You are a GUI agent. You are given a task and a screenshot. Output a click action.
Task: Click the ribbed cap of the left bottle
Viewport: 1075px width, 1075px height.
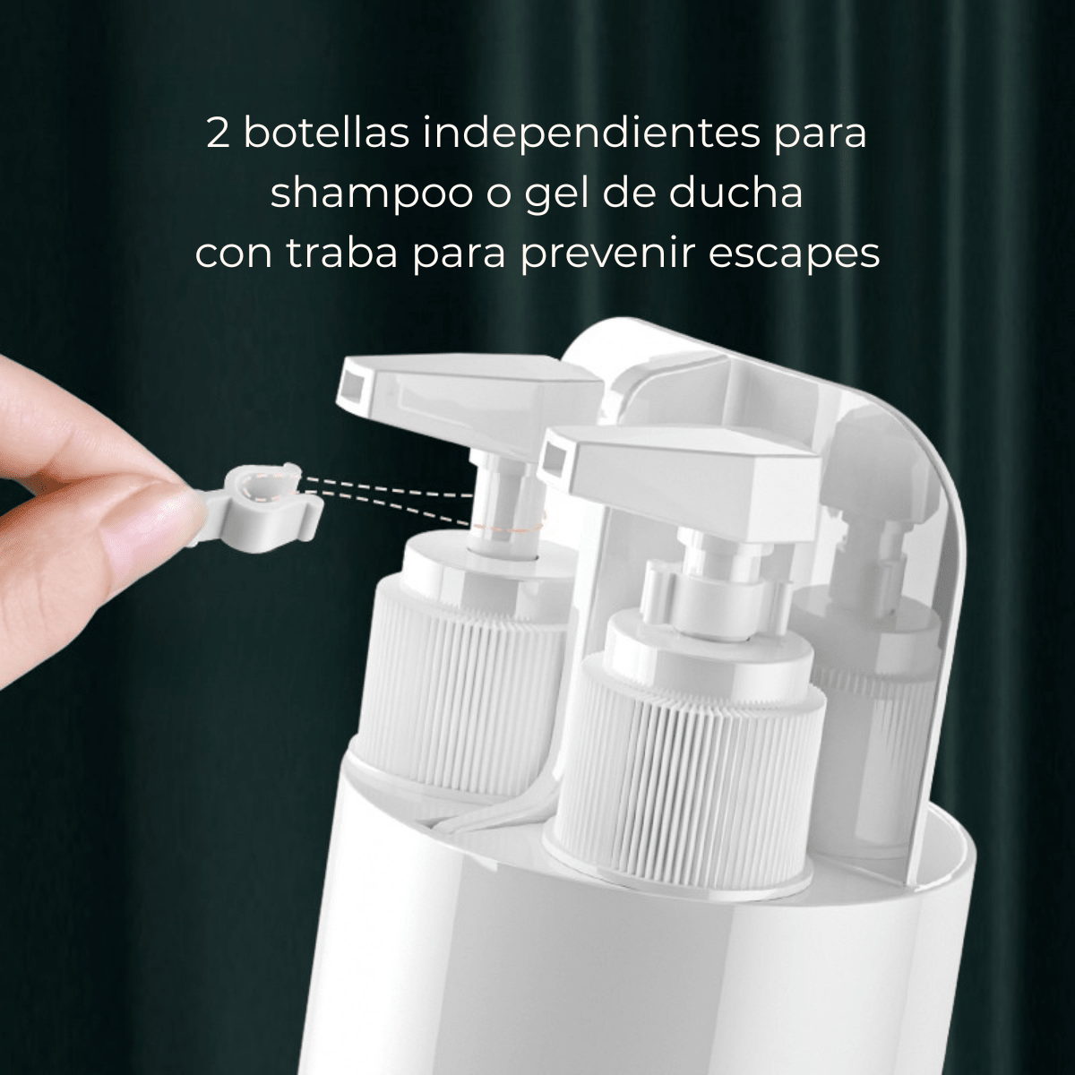448,663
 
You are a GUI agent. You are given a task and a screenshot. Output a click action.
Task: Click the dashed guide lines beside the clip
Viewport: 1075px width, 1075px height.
385,497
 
